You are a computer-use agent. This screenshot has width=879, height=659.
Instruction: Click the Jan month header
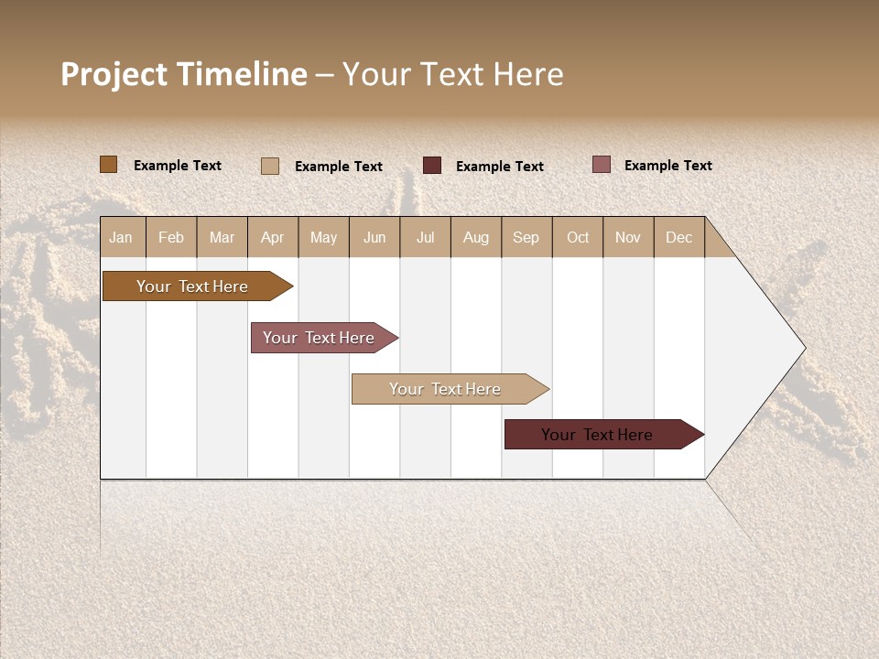tap(122, 237)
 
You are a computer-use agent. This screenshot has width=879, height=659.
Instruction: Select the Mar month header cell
tap(222, 237)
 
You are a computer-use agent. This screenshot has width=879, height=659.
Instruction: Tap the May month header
tap(323, 237)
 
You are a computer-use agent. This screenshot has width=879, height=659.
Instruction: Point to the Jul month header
tap(425, 237)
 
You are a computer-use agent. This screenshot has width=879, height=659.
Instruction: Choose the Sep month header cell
tap(526, 237)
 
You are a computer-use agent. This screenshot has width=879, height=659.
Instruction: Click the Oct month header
tap(578, 237)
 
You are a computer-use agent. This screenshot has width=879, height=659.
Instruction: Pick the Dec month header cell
tap(679, 237)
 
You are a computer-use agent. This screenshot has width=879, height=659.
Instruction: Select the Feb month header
tap(171, 237)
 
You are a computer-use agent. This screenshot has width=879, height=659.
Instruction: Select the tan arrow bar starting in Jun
tap(446, 389)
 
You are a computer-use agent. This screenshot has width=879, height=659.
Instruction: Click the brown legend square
tap(108, 165)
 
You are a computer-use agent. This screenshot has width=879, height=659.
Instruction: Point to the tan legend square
tap(270, 166)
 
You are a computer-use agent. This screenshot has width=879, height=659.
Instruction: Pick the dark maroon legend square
tap(432, 166)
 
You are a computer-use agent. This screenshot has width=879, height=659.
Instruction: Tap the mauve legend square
tap(601, 165)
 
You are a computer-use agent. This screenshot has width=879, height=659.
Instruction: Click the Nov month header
tap(628, 237)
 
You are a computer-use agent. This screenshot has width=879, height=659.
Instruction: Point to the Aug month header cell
tap(476, 237)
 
